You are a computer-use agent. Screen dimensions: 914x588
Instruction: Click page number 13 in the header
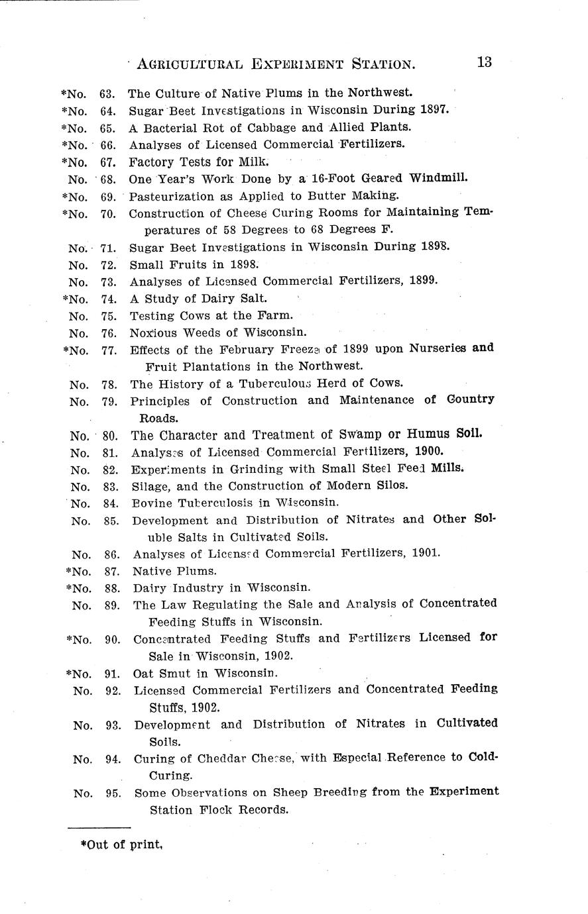point(483,62)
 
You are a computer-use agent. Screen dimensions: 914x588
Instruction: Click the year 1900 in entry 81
point(428,452)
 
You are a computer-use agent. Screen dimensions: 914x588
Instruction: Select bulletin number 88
point(111,587)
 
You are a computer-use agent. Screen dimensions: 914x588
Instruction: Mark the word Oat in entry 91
point(144,674)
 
